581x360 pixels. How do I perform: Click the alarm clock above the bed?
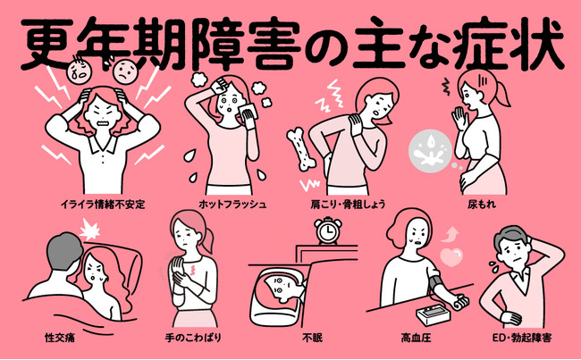[x=328, y=230]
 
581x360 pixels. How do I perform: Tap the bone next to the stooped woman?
[x=301, y=149]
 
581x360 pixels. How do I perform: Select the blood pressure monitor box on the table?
[x=434, y=315]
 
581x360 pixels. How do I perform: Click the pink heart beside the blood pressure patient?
[x=451, y=257]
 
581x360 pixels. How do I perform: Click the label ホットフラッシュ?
[x=232, y=204]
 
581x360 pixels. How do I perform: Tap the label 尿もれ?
[x=481, y=204]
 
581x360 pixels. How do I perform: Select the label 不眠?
[x=312, y=338]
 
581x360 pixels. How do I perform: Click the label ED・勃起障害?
[x=522, y=338]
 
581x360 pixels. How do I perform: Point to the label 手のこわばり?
[x=193, y=338]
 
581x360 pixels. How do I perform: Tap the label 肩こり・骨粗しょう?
[x=348, y=204]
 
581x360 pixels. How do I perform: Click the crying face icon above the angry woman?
[x=79, y=71]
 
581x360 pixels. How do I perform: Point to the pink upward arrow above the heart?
[x=450, y=234]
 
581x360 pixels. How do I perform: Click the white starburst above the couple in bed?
[x=90, y=229]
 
